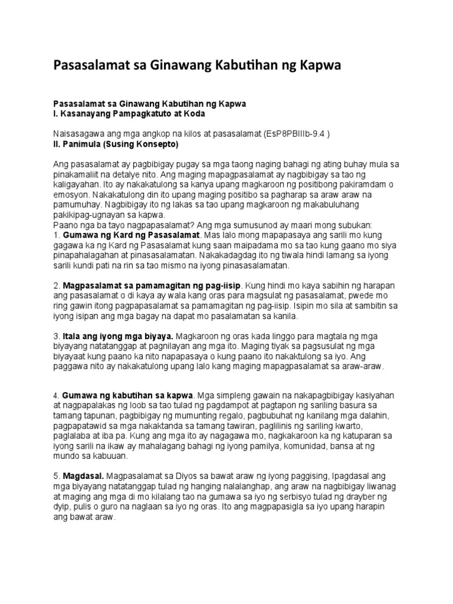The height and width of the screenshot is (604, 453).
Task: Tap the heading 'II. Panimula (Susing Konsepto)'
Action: click(x=115, y=143)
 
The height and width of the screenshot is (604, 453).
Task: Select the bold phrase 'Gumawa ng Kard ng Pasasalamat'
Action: click(x=126, y=236)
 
